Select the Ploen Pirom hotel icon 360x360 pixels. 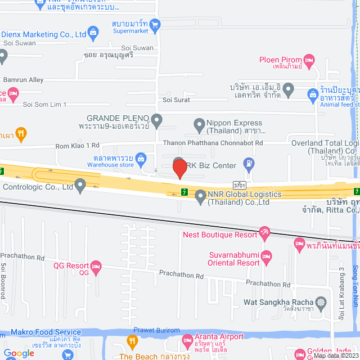click(309, 60)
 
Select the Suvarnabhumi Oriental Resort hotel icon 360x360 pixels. click(267, 256)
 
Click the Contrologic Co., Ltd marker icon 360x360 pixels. click(80, 184)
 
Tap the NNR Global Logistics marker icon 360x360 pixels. click(200, 195)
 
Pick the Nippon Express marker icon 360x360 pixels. click(198, 123)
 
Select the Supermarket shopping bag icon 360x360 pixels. click(156, 24)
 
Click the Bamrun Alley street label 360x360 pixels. click(24, 80)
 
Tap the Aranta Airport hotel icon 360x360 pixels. click(188, 340)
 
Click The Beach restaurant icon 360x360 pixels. click(132, 356)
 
